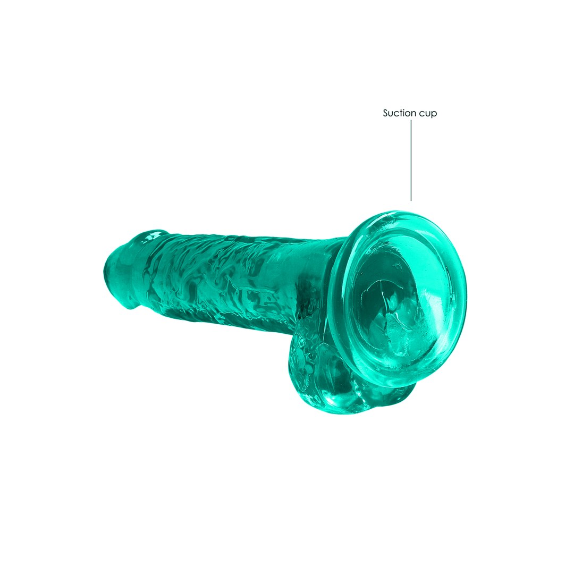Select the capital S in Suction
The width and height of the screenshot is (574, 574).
click(x=386, y=113)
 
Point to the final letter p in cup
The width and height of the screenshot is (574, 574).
click(x=434, y=114)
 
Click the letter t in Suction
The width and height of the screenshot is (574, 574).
click(x=401, y=113)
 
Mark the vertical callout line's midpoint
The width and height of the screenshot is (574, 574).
click(x=411, y=160)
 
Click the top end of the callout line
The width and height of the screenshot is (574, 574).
click(x=411, y=121)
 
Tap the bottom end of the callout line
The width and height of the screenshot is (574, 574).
click(x=411, y=200)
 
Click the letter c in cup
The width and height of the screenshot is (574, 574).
click(x=420, y=114)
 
